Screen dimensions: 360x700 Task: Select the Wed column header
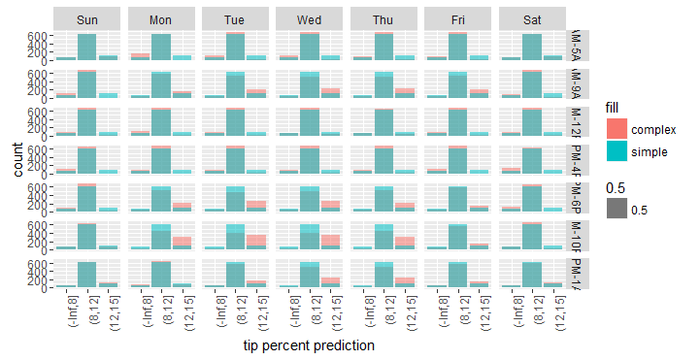310,19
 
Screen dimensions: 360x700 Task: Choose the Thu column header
384,19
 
